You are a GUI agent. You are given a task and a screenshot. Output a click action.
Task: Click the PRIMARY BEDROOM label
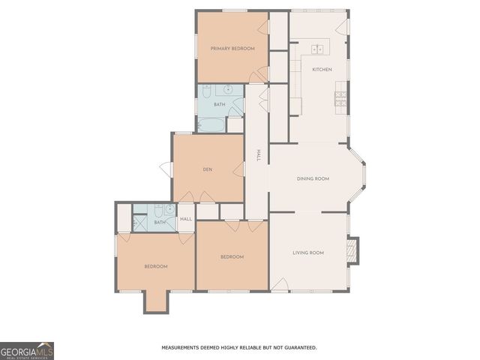pyautogui.click(x=232, y=49)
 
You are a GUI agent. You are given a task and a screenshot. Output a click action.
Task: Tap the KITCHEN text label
pyautogui.click(x=322, y=70)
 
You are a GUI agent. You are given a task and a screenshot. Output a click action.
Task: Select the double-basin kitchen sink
pyautogui.click(x=318, y=49)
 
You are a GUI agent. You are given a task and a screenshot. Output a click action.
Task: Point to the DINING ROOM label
pyautogui.click(x=313, y=178)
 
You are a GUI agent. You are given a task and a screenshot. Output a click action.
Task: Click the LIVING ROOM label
pyautogui.click(x=307, y=253)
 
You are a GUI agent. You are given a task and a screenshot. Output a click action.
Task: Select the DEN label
pyautogui.click(x=208, y=169)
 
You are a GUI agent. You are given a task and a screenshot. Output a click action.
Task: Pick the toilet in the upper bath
pyautogui.click(x=205, y=91)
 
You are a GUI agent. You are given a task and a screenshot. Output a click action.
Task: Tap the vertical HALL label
pyautogui.click(x=258, y=154)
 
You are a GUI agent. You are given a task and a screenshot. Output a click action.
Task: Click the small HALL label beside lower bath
pyautogui.click(x=186, y=219)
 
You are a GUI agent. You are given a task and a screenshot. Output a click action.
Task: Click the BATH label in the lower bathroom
pyautogui.click(x=160, y=223)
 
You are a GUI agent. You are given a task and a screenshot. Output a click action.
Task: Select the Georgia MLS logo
pyautogui.click(x=27, y=351)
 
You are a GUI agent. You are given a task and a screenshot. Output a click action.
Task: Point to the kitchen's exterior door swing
pyautogui.click(x=343, y=26)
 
